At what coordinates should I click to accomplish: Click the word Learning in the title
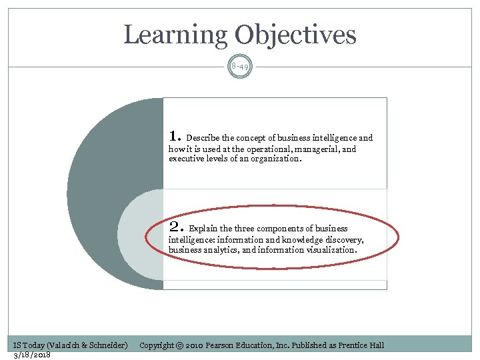coord(174,35)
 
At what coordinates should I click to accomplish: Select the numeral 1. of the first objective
coord(175,136)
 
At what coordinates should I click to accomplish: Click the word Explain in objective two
coord(203,229)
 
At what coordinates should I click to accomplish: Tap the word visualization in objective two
coord(331,250)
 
